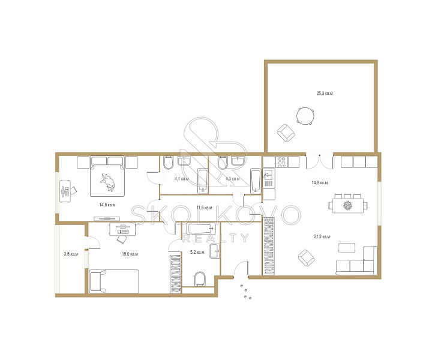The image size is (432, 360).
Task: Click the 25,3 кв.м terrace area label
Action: click(325, 94)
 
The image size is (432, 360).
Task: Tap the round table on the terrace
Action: click(305, 116)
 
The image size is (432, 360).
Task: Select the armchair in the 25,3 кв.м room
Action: click(286, 133)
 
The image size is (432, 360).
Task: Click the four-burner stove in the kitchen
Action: click(281, 161)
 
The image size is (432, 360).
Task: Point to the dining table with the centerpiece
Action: click(348, 205)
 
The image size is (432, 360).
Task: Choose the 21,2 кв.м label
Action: click(322, 236)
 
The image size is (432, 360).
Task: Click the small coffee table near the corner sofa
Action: click(347, 247)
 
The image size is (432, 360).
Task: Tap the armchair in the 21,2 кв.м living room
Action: click(307, 258)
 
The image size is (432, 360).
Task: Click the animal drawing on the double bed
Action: click(107, 182)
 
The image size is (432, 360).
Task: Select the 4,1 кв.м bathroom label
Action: click(182, 179)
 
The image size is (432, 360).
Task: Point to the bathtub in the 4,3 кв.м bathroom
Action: click(256, 181)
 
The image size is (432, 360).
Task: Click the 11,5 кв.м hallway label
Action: click(204, 208)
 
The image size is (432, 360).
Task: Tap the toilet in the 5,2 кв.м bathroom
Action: click(200, 279)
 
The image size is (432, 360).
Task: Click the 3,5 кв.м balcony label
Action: click(71, 254)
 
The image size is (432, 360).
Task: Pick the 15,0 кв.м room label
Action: click(130, 254)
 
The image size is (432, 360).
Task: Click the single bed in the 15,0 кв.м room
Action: click(115, 281)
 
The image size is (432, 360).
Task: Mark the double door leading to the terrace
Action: click(320, 162)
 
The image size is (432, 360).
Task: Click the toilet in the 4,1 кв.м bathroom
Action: click(168, 163)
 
